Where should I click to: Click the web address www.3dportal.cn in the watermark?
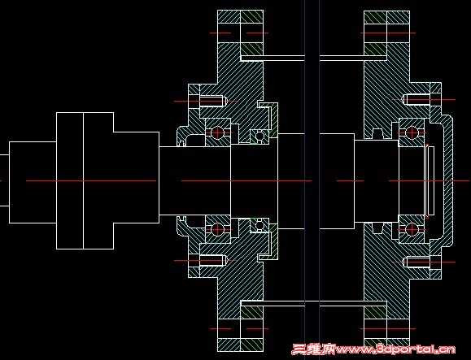click(396, 349)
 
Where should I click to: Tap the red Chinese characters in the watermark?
click(314, 349)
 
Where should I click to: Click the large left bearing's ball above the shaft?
click(217, 132)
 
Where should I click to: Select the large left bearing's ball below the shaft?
click(217, 229)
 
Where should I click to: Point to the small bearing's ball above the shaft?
click(259, 136)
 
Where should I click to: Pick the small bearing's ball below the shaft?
click(259, 225)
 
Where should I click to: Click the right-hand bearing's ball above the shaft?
click(412, 132)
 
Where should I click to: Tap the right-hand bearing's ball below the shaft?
click(412, 229)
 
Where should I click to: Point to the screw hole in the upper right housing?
click(417, 100)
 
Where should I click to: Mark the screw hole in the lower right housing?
click(417, 262)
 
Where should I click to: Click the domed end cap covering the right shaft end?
click(448, 180)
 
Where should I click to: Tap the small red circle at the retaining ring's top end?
click(427, 145)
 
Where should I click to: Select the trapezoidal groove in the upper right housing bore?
click(377, 133)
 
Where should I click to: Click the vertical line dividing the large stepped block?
click(83, 180)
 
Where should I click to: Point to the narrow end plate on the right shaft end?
click(431, 180)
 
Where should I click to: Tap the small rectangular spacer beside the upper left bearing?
click(234, 133)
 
